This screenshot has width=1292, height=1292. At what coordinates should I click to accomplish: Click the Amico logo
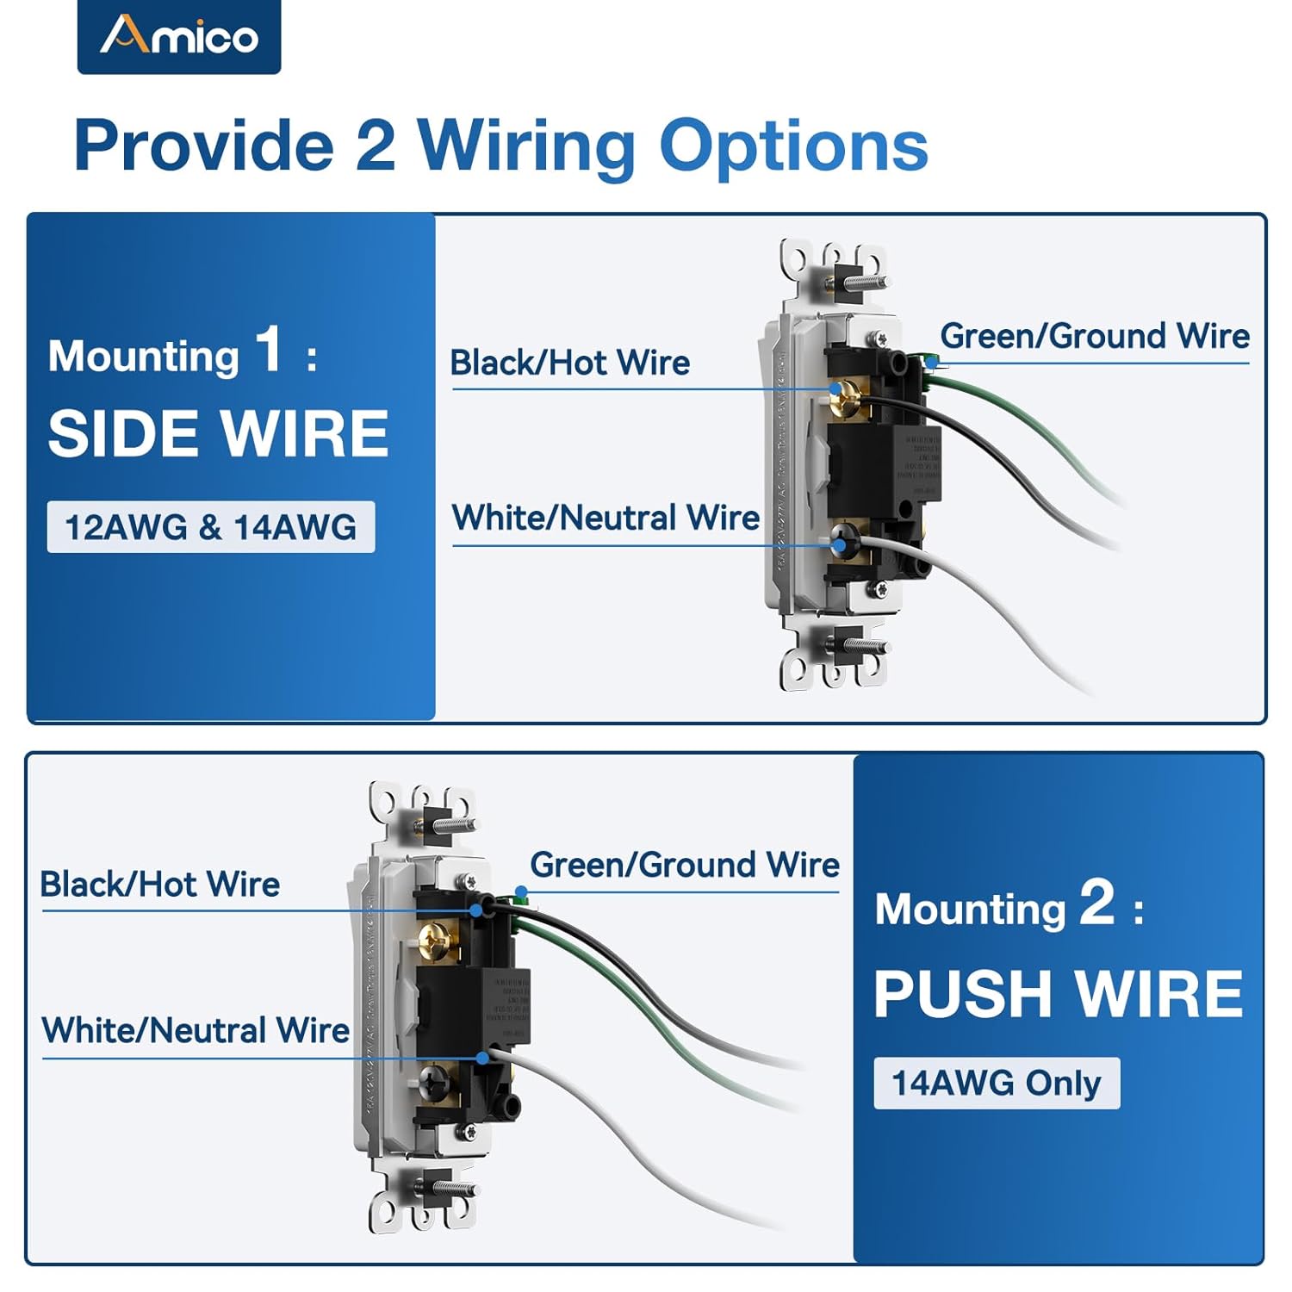click(x=179, y=36)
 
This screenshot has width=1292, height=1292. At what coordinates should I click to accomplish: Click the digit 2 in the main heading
click(x=375, y=145)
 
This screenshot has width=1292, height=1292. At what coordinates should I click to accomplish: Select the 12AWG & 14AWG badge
click(x=211, y=527)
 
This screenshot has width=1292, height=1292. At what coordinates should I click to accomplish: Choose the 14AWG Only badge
click(x=997, y=1083)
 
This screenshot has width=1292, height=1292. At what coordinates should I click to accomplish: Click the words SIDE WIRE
click(x=218, y=433)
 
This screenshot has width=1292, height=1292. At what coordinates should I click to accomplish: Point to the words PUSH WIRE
click(x=1059, y=994)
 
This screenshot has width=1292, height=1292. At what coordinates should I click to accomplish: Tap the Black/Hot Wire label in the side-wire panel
click(x=570, y=363)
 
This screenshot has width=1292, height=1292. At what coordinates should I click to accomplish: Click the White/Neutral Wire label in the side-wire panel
click(x=606, y=518)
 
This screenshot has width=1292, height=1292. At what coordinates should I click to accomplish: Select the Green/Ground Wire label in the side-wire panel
click(x=1094, y=336)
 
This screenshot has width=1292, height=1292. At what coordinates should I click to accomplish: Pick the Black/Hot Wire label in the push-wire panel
click(x=160, y=884)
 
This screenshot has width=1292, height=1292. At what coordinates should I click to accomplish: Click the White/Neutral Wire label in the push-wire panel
click(x=196, y=1030)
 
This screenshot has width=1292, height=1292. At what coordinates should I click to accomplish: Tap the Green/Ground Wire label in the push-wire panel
click(x=685, y=865)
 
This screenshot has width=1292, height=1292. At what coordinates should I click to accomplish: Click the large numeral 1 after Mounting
click(x=269, y=350)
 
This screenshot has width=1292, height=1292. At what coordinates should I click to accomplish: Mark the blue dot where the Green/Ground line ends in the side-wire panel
click(x=931, y=363)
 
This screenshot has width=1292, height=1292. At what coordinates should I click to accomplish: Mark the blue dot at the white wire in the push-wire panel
click(x=483, y=1057)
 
